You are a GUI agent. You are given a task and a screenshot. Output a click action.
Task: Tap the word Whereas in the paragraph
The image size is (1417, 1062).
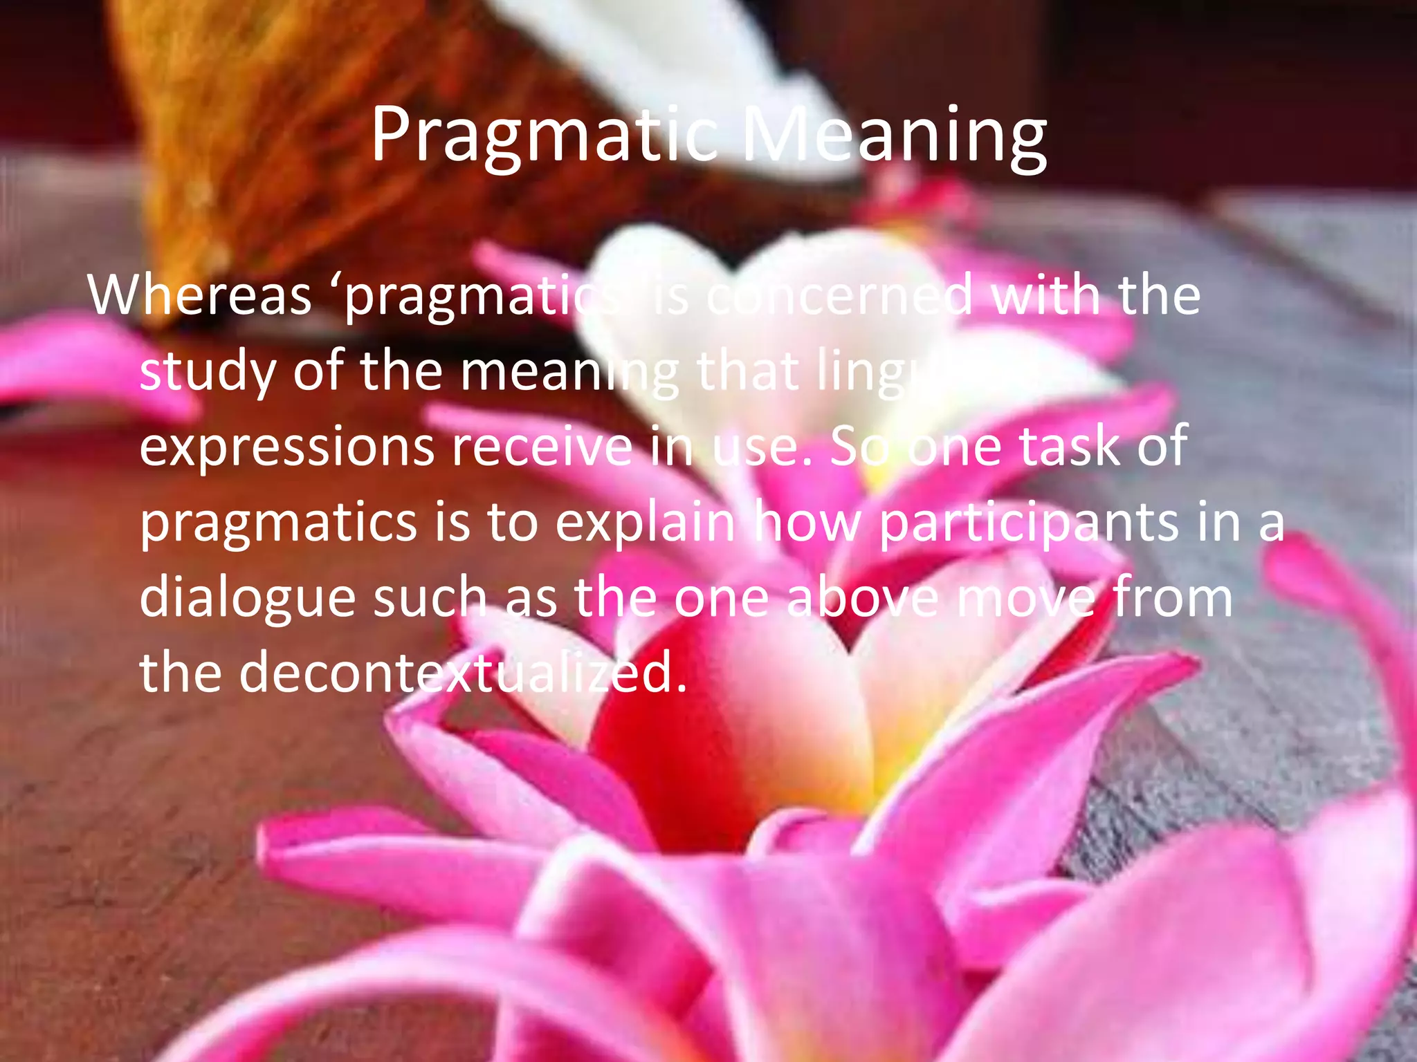pos(200,296)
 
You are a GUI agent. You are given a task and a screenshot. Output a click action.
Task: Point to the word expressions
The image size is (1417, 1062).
pos(287,448)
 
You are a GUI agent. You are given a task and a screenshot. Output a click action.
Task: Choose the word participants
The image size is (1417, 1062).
pos(1028,524)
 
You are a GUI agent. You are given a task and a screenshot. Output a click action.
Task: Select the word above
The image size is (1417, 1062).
pos(862,597)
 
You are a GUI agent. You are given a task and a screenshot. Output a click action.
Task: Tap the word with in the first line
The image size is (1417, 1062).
pos(1045,296)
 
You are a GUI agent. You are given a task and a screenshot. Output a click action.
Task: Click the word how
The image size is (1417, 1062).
pos(807,523)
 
